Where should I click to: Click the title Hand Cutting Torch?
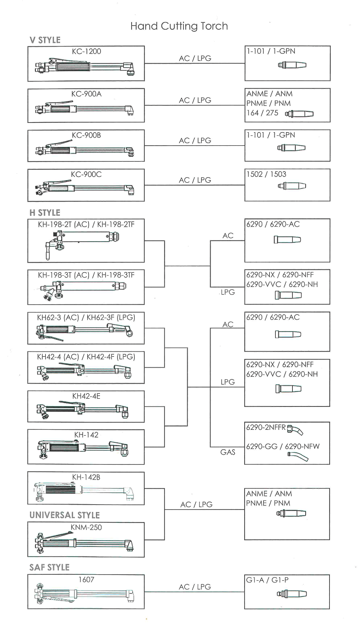pyautogui.click(x=179, y=26)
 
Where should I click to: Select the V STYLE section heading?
pyautogui.click(x=45, y=40)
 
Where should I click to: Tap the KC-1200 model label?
pyautogui.click(x=86, y=51)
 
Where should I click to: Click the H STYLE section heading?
pyautogui.click(x=45, y=213)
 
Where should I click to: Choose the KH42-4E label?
pyautogui.click(x=86, y=396)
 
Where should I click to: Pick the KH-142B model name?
pyautogui.click(x=86, y=477)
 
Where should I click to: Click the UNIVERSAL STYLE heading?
pyautogui.click(x=65, y=515)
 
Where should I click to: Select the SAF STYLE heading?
pyautogui.click(x=49, y=567)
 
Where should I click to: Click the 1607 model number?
pyautogui.click(x=86, y=580)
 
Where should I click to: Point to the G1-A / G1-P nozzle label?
pyautogui.click(x=267, y=580)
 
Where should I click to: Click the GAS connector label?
pyautogui.click(x=228, y=452)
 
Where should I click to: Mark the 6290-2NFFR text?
pyautogui.click(x=266, y=427)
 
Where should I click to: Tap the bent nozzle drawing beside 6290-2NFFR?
pyautogui.click(x=295, y=430)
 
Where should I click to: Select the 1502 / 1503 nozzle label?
pyautogui.click(x=266, y=174)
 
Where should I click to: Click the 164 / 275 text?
pyautogui.click(x=262, y=113)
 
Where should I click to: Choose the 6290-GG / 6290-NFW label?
pyautogui.click(x=283, y=446)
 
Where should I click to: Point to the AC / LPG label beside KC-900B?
pyautogui.click(x=195, y=141)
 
